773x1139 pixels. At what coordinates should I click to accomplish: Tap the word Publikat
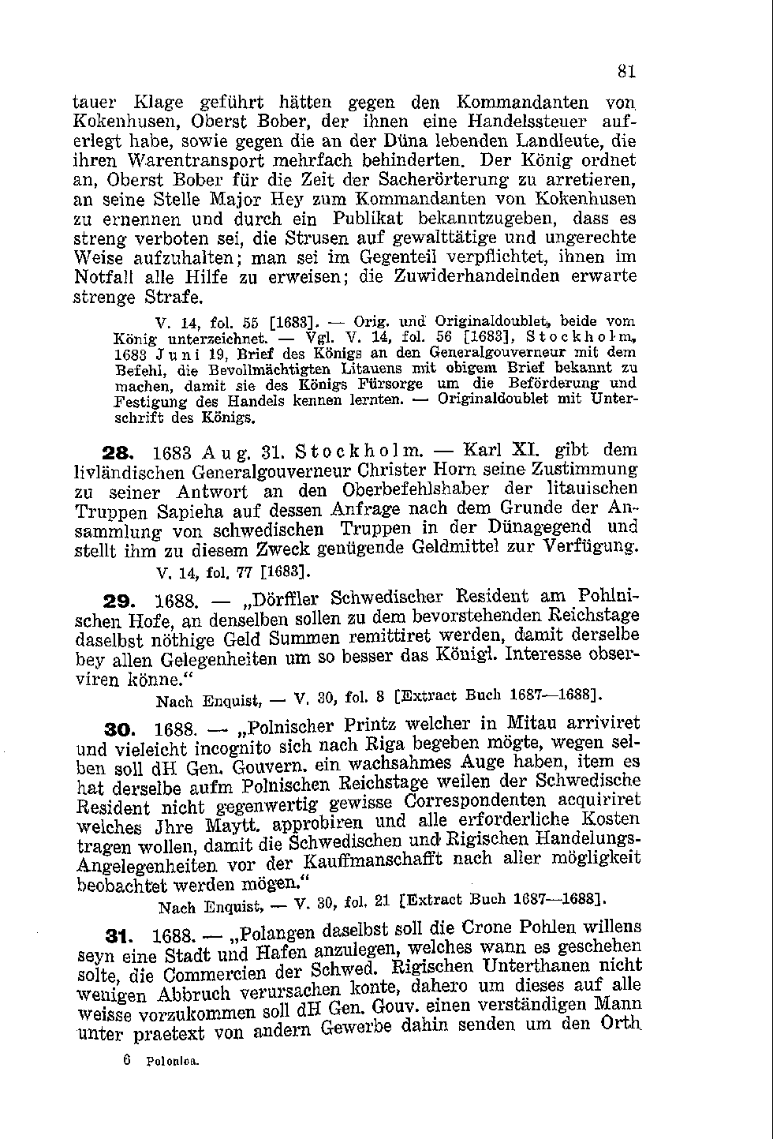368,219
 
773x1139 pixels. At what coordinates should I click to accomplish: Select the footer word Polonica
173,1062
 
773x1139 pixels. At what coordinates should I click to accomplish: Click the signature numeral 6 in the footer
127,1061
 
